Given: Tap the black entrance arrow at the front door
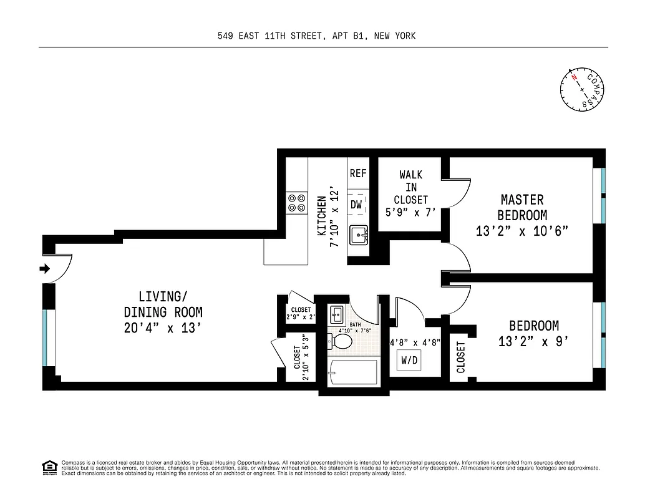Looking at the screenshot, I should pos(45,269).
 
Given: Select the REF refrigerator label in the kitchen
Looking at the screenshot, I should pos(358,173).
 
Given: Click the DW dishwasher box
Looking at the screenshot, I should pos(357,204).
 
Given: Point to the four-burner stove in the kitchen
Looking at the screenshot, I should pos(296,203).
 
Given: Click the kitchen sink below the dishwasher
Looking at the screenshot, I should pos(358,236).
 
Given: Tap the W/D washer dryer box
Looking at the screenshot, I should pos(410,360).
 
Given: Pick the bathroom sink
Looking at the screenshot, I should pos(337,312).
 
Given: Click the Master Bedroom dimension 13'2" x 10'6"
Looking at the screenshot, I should pos(522,231).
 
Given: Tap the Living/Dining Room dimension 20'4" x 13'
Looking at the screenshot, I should pos(163,327).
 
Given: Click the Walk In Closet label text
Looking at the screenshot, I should pos(410,187).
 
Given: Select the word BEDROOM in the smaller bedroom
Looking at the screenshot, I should pos(534,326).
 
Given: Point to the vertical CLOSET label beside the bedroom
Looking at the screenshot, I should pos(461,357).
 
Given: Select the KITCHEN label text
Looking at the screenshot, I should pos(322,216).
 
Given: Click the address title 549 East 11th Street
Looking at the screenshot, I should pos(316,36).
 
